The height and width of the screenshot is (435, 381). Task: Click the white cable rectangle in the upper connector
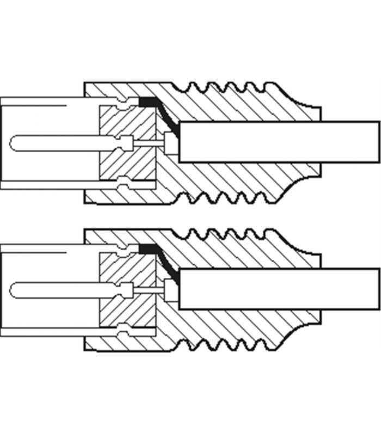point(278,141)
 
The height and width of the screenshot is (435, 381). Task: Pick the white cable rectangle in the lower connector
point(278,289)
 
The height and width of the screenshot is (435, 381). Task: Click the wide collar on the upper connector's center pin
point(127,143)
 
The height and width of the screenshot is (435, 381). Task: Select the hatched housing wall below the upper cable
point(234,179)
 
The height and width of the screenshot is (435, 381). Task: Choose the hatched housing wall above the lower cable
point(234,252)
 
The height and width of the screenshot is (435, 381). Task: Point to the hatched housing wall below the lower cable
point(234,327)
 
